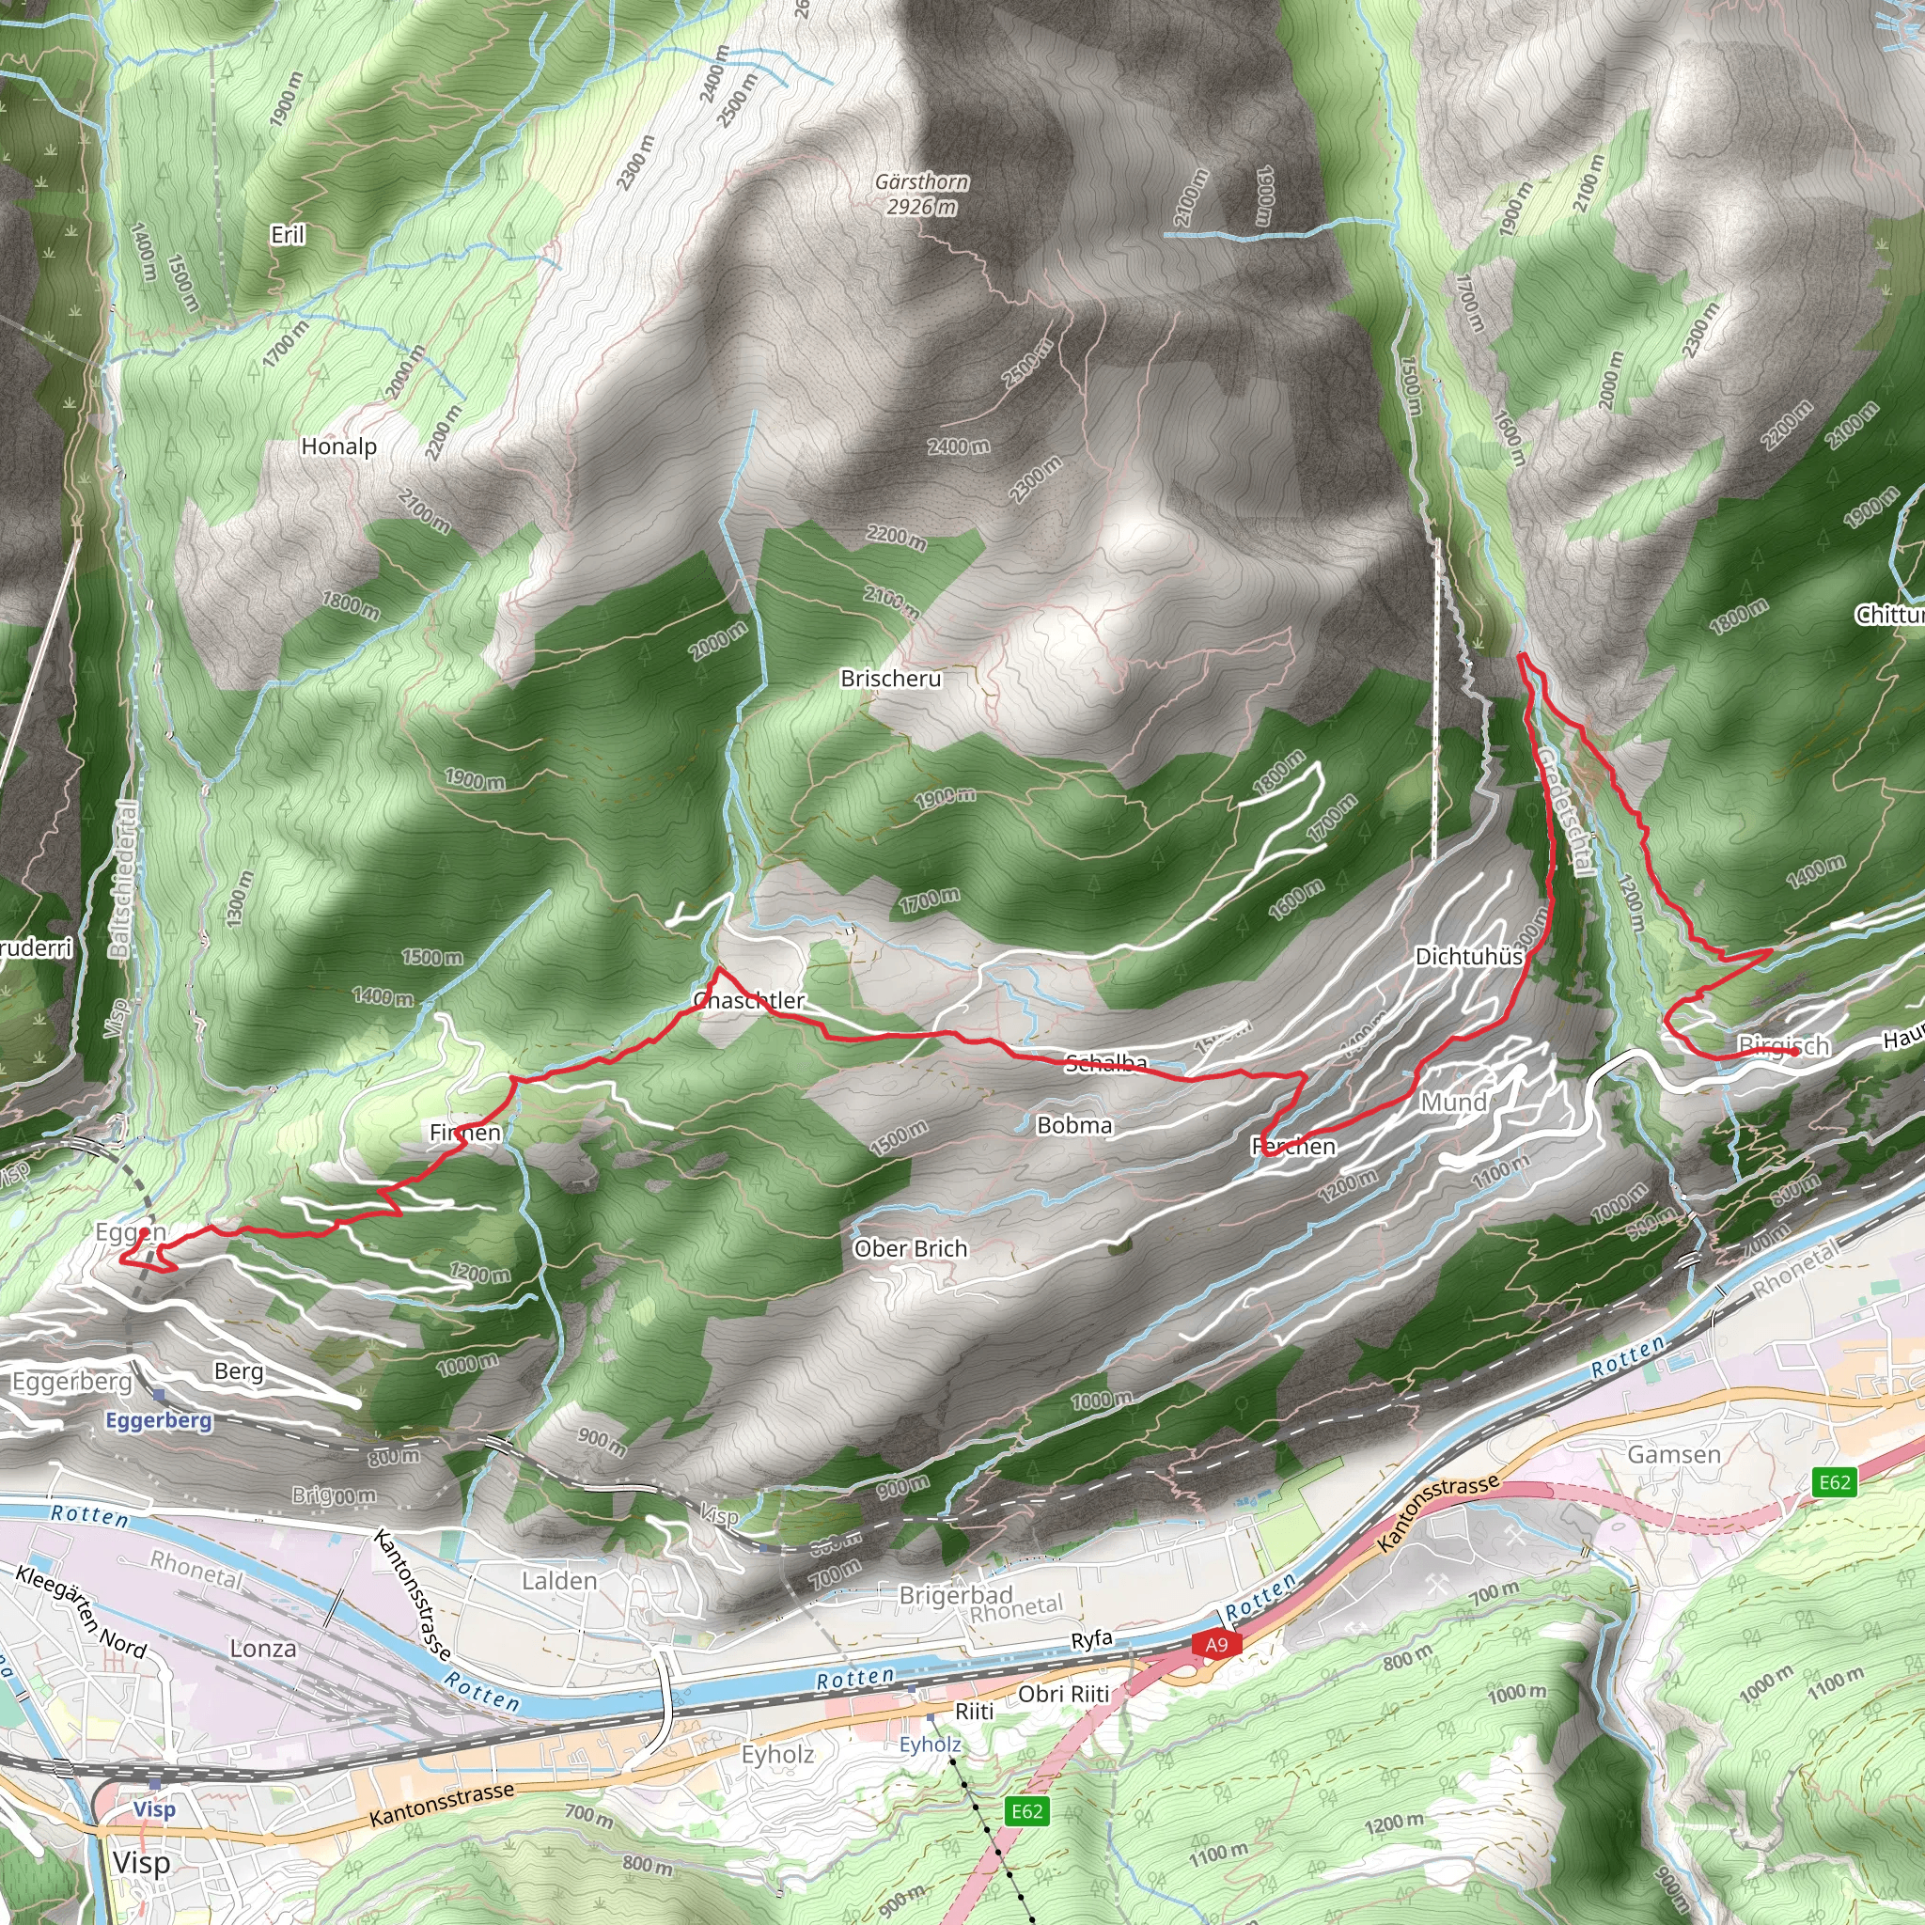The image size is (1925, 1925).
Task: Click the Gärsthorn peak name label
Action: click(922, 182)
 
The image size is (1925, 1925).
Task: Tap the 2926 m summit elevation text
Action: click(922, 207)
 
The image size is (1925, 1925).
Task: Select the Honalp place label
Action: click(338, 446)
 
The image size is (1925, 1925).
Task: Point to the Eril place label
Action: click(288, 235)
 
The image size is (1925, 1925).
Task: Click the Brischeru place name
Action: click(891, 679)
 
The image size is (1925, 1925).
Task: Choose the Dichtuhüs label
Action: click(1469, 957)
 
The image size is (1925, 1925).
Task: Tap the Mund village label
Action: click(1454, 1102)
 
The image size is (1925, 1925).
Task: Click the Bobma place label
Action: click(1074, 1125)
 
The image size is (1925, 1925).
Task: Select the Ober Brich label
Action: click(911, 1248)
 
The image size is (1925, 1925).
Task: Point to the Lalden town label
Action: click(559, 1580)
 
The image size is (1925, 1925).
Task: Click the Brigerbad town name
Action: click(956, 1595)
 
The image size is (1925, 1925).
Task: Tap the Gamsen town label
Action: click(1674, 1455)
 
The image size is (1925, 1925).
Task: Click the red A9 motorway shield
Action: click(1216, 1644)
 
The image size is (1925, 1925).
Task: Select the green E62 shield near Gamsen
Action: click(1835, 1481)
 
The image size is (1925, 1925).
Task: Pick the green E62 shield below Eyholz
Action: click(1026, 1810)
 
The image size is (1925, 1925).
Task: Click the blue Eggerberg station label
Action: click(160, 1420)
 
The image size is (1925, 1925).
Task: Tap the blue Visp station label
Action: click(154, 1808)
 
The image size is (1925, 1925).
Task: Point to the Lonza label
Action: click(263, 1648)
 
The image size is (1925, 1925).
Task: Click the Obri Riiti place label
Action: click(1063, 1694)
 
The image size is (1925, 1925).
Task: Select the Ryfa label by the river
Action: click(1091, 1640)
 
